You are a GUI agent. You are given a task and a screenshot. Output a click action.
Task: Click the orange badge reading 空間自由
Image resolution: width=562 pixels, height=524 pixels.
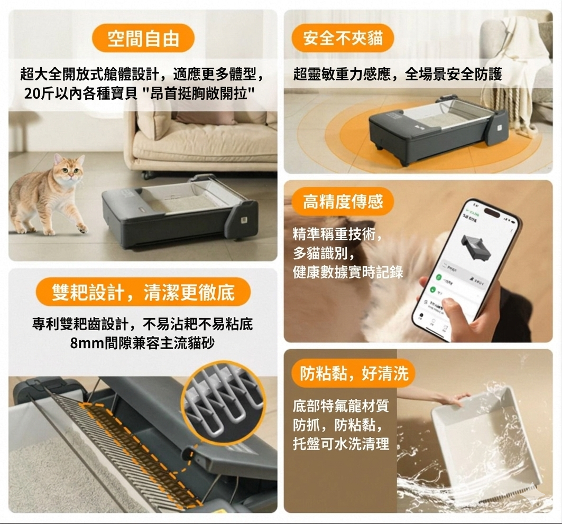143,39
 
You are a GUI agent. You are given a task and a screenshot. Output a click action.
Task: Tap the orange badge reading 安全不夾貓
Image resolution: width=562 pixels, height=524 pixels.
343,38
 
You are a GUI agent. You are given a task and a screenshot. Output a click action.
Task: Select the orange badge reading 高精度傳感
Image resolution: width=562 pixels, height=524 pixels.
342,201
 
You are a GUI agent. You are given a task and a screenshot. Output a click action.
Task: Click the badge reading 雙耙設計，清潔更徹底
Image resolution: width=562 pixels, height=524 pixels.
143,292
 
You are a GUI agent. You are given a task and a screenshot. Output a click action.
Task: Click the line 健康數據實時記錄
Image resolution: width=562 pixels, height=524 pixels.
348,272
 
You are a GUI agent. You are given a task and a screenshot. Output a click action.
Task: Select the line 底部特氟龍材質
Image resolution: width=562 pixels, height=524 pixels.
340,407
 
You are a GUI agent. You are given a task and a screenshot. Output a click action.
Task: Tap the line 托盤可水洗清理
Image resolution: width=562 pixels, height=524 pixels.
340,444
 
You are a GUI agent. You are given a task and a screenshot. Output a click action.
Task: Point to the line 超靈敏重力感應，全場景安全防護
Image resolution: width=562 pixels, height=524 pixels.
397,74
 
